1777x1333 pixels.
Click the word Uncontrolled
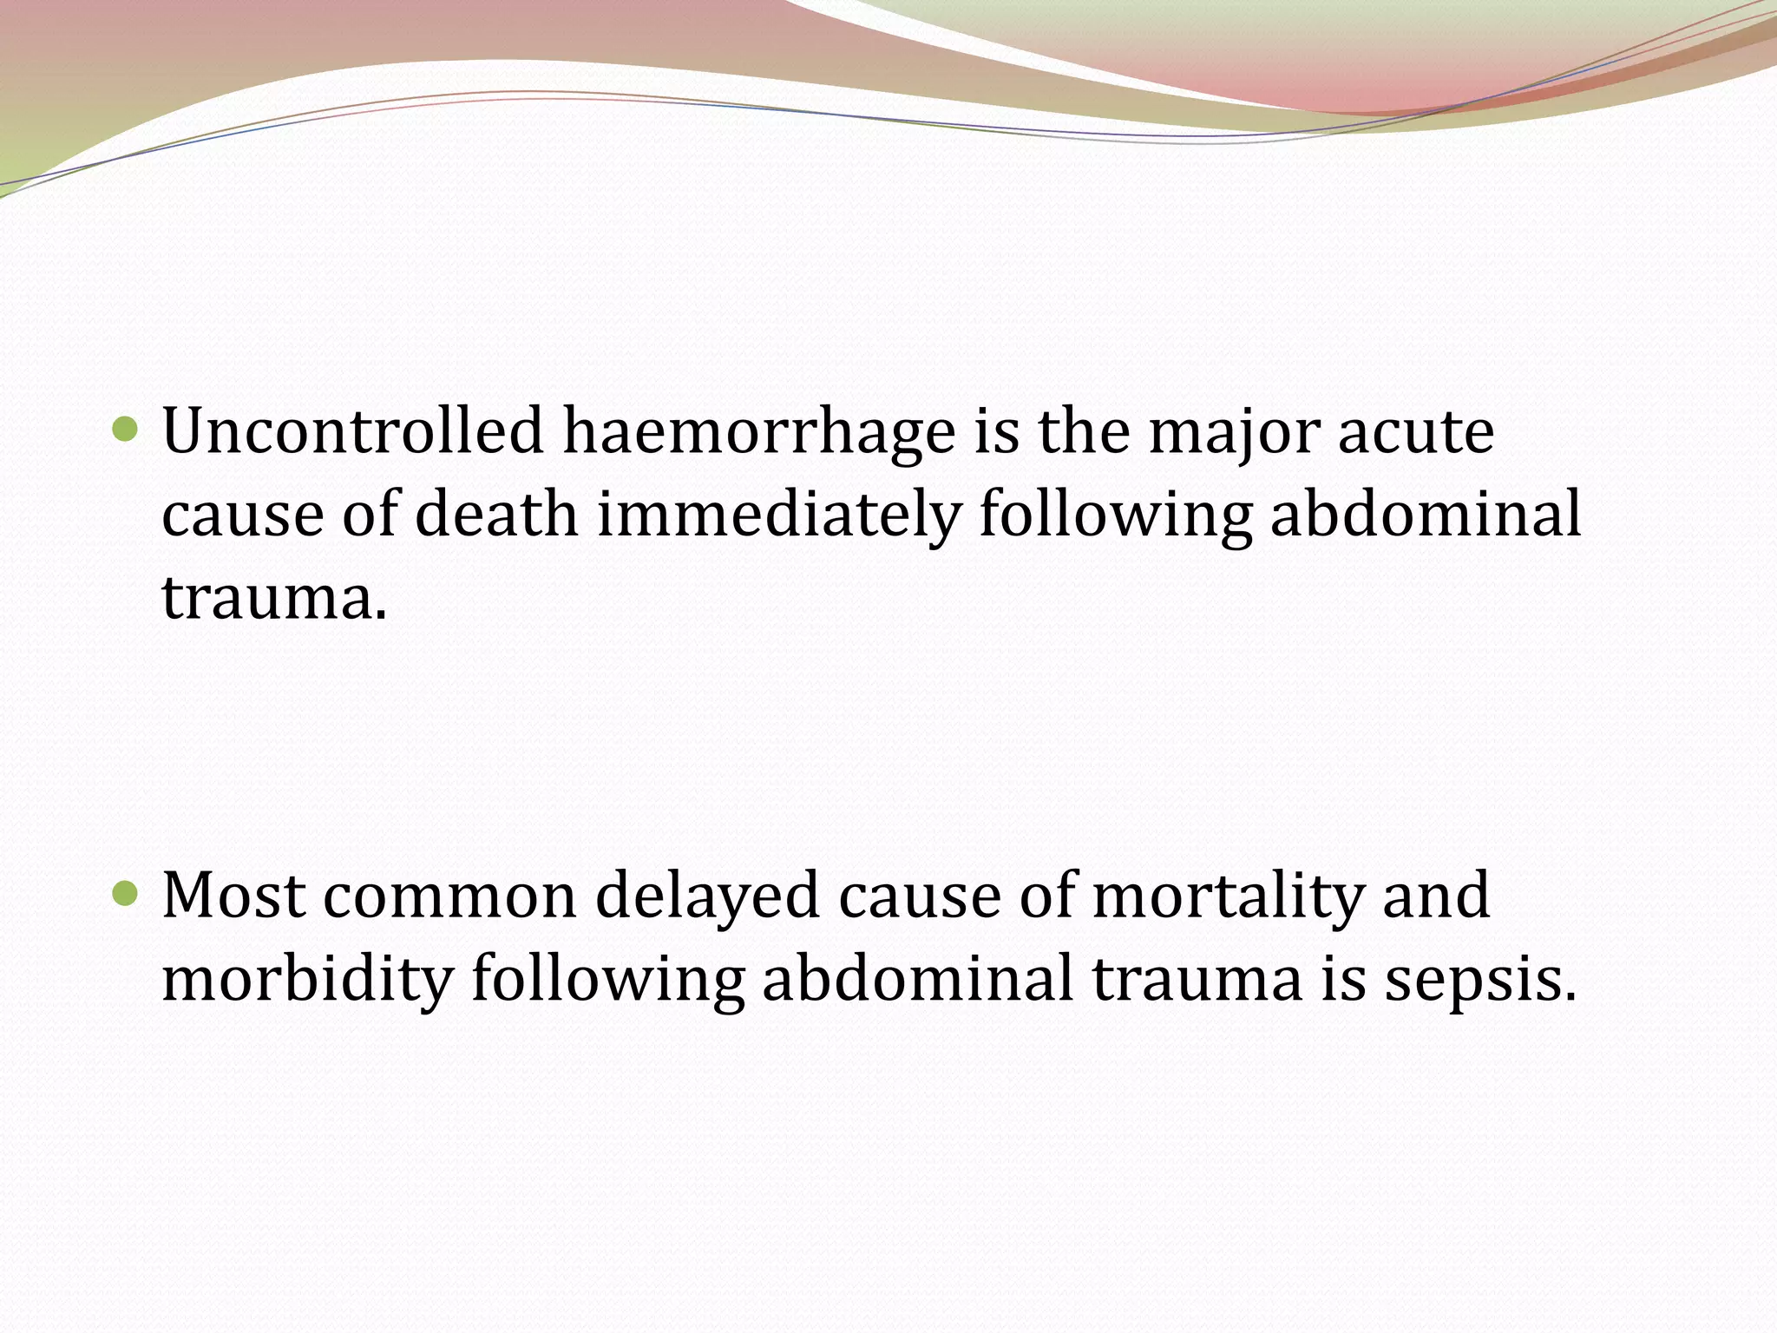pyautogui.click(x=352, y=431)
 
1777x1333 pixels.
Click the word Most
pyautogui.click(x=233, y=896)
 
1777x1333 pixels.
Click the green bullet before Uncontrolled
pyautogui.click(x=126, y=428)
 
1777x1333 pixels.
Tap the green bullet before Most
pyautogui.click(x=126, y=892)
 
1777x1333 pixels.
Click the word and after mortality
pyautogui.click(x=1436, y=896)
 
